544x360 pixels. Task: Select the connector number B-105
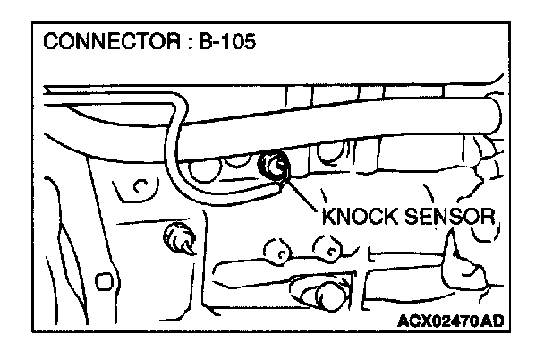[x=228, y=44]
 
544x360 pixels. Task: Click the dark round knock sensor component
[x=272, y=167]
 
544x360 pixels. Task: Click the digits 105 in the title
[x=240, y=44]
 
